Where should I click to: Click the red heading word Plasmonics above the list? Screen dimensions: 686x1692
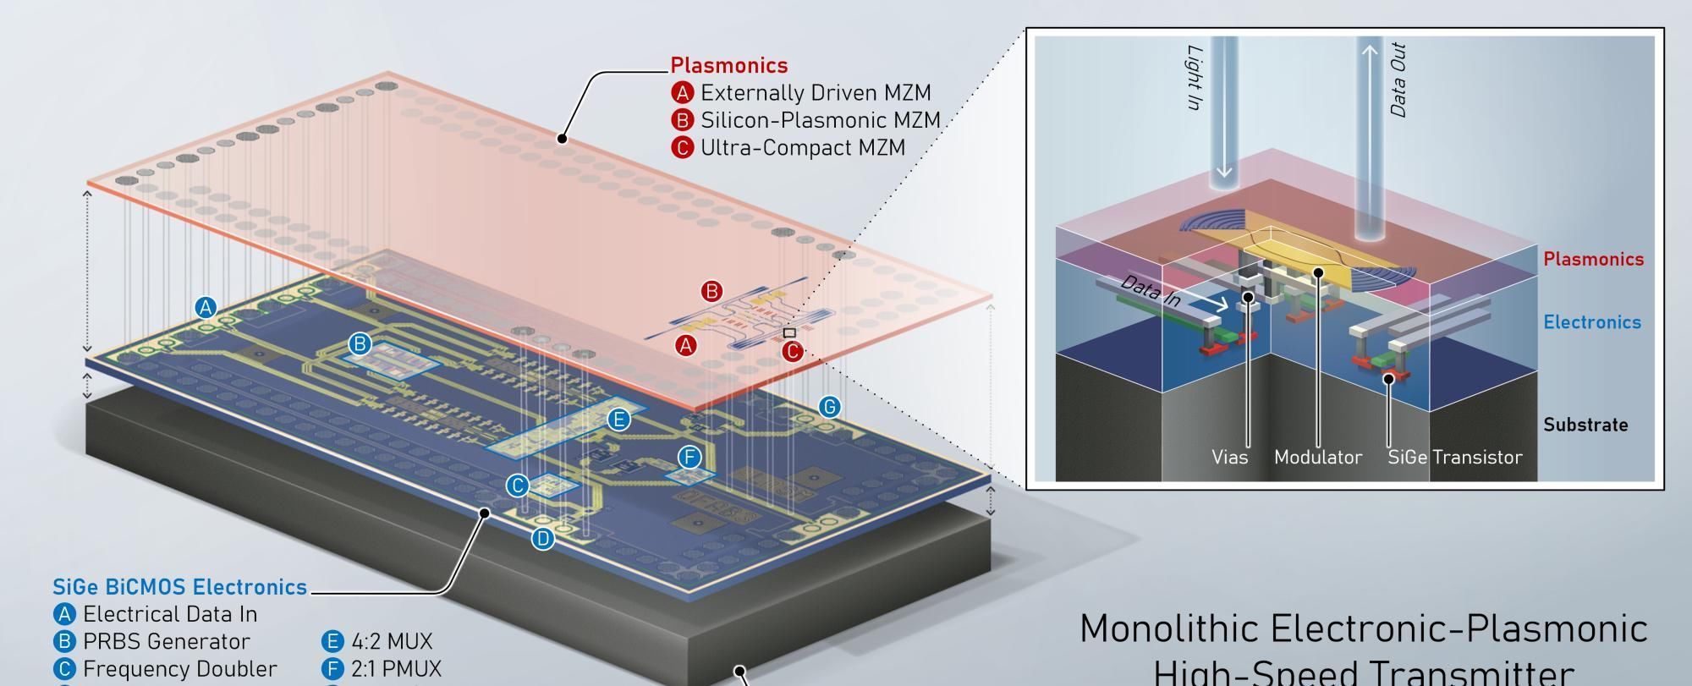point(728,65)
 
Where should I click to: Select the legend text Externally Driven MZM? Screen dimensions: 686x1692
point(816,92)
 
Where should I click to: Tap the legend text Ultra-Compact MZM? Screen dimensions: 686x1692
point(802,147)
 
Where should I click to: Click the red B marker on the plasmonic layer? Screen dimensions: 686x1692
point(712,292)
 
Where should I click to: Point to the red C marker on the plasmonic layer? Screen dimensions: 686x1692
point(792,351)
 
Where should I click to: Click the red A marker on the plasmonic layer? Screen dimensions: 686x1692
point(686,345)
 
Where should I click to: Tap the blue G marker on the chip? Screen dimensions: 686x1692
point(830,407)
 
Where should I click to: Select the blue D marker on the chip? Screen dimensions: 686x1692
point(543,538)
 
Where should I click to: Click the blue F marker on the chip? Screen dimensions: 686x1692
point(689,458)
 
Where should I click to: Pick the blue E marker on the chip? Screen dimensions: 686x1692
point(619,419)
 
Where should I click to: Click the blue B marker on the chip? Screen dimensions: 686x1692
point(360,343)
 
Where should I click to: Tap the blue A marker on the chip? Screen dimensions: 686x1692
point(206,307)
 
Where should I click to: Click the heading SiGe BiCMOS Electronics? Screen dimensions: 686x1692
point(179,587)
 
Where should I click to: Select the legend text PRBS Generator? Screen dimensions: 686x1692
point(166,641)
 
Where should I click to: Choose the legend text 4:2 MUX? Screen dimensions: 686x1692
point(392,641)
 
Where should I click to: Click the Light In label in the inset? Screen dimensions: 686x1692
point(1194,78)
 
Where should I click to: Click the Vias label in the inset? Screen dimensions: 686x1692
point(1229,458)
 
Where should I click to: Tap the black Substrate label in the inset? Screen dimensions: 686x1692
point(1585,425)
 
